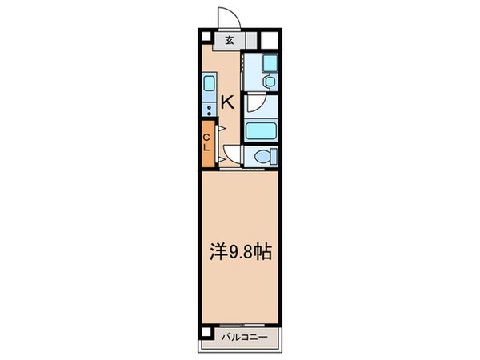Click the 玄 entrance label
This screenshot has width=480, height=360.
click(230, 40)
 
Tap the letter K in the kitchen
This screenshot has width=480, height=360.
click(227, 102)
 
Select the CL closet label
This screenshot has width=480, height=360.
click(206, 145)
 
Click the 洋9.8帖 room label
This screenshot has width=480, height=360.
click(240, 253)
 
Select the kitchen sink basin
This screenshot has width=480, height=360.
click(208, 84)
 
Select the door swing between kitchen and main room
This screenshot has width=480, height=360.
click(231, 153)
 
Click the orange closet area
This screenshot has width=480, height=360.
click(207, 144)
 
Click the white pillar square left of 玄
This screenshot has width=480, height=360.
click(206, 40)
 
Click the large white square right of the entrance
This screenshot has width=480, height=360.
click(270, 39)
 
